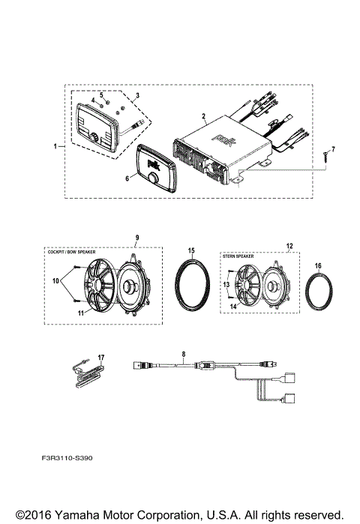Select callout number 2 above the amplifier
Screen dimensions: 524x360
[x=203, y=116]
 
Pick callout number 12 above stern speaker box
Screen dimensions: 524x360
[x=289, y=246]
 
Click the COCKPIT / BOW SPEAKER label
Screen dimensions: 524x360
[x=70, y=253]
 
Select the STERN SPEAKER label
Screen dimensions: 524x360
[x=238, y=256]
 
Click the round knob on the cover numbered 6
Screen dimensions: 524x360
[x=154, y=180]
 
